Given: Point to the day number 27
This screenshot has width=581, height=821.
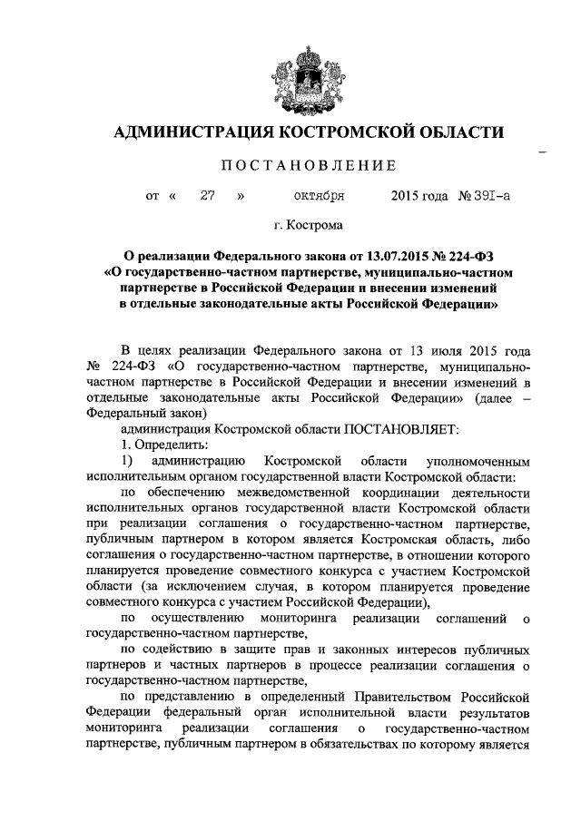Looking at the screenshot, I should tap(206, 195).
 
